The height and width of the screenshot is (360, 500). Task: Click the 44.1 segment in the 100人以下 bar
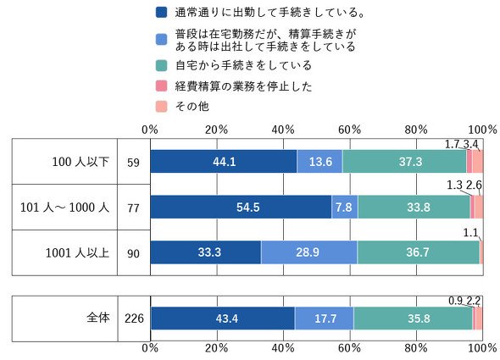coord(224,161)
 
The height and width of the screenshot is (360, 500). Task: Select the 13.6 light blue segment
coord(319,161)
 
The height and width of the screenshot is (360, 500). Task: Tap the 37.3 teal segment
coord(404,161)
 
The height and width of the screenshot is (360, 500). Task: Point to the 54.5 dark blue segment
coord(241,207)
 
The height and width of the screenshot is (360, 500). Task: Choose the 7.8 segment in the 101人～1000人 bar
coord(345,207)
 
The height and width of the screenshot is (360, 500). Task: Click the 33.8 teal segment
coord(414,207)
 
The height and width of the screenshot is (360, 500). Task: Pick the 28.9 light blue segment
coord(309,252)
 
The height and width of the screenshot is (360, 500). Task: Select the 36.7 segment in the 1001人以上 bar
coord(419,252)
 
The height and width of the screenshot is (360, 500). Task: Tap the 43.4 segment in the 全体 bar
coord(223,318)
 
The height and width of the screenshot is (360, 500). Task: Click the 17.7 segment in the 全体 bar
coord(325,318)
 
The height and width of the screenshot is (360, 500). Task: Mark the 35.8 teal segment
coord(413,318)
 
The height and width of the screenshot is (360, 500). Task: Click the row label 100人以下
coord(81,162)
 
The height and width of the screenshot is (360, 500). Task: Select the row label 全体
coord(98,318)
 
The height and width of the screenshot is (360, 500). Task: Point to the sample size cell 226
coord(134,318)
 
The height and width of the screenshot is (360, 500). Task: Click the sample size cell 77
coord(133,208)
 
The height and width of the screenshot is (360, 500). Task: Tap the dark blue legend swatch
coord(161,13)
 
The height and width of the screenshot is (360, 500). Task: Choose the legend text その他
coord(192,106)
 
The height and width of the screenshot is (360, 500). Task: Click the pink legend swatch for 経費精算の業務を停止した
coord(161,86)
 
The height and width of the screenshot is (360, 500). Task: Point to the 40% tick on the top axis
coord(283,130)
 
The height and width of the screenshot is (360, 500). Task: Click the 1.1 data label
coord(470,232)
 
